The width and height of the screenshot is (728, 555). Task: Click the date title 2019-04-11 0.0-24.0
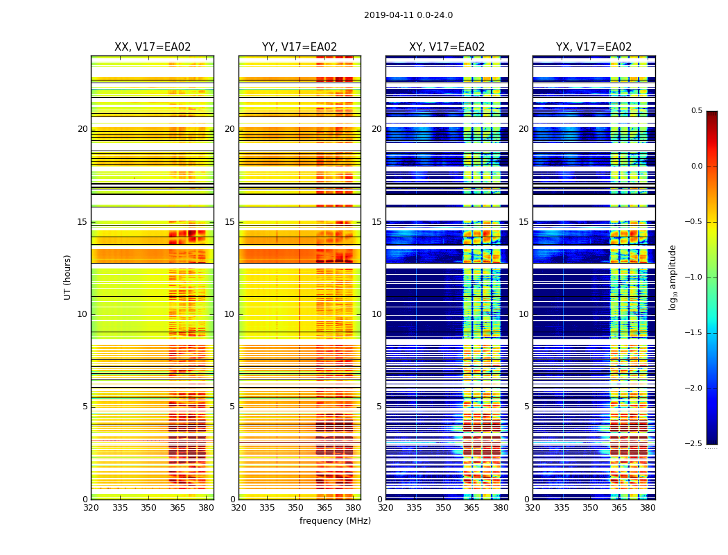point(408,15)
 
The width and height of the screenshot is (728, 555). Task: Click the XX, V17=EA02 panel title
point(153,47)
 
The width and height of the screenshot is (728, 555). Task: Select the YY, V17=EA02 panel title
point(300,47)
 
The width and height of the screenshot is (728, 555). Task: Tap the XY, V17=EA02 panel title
point(447,47)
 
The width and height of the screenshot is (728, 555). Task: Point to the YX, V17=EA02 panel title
point(593,47)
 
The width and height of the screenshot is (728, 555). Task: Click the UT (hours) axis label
point(67,277)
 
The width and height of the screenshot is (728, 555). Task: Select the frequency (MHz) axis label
point(335,521)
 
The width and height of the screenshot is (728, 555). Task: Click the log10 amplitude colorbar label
point(673,277)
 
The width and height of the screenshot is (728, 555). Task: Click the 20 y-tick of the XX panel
point(83,129)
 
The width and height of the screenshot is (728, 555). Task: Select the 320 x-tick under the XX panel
point(91,508)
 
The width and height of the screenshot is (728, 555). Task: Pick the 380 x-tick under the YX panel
point(648,508)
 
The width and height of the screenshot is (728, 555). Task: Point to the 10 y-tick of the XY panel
point(376,314)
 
